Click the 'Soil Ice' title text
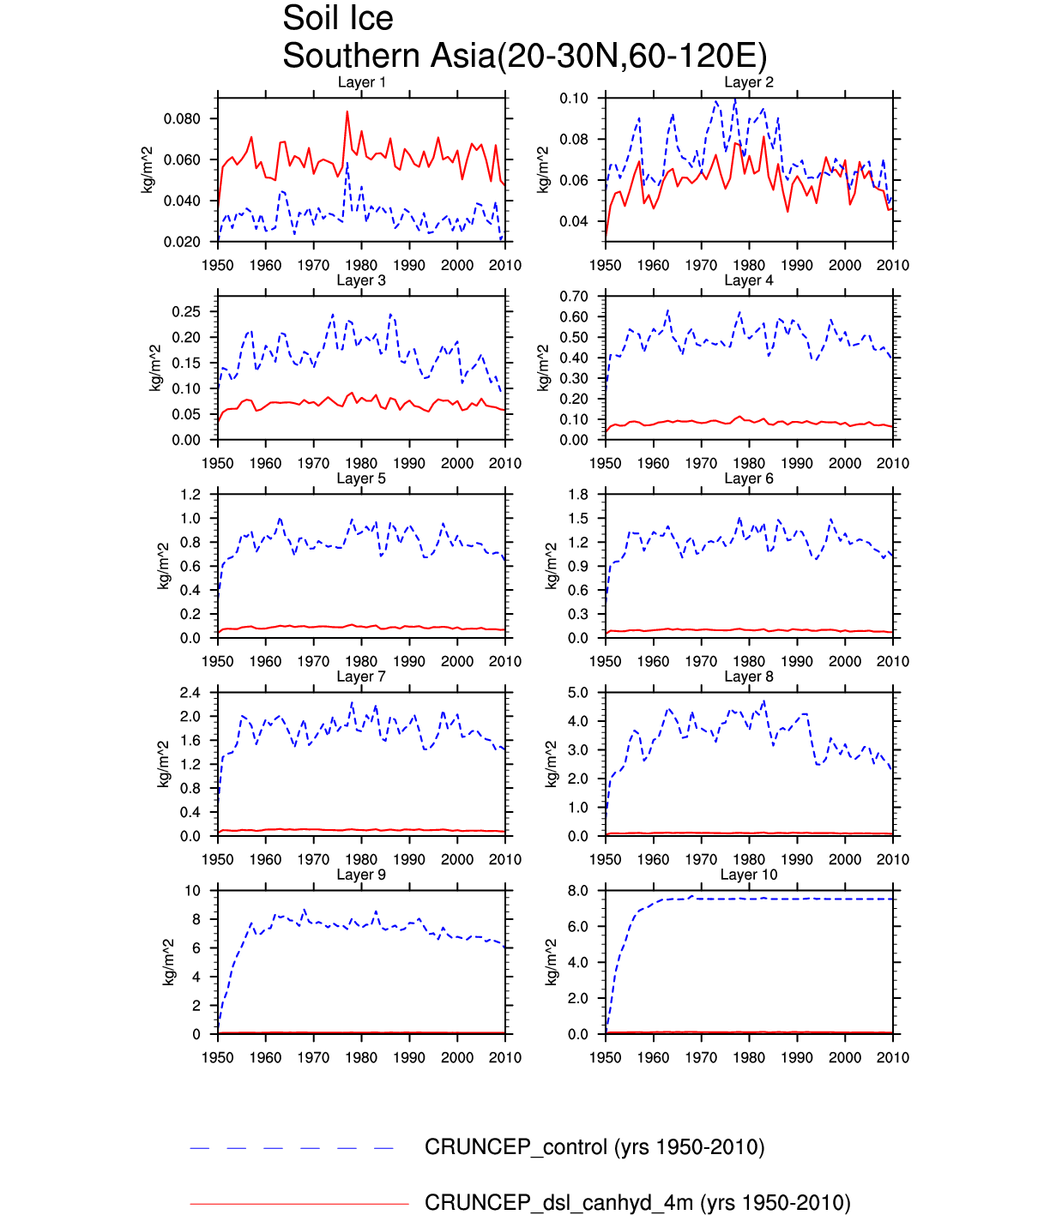click(x=338, y=19)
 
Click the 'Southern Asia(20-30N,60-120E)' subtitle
click(x=524, y=57)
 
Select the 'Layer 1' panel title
click(x=361, y=82)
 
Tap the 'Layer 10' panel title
click(x=748, y=875)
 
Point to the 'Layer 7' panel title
click(x=361, y=677)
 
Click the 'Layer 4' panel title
click(x=748, y=280)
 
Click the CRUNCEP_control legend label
click(x=594, y=1147)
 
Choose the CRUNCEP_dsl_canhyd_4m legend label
click(x=637, y=1203)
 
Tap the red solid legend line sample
click(x=299, y=1204)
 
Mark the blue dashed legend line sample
click(x=292, y=1148)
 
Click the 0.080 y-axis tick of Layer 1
click(x=182, y=118)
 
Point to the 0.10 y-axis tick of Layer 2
click(x=574, y=99)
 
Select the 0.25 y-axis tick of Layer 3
click(x=186, y=311)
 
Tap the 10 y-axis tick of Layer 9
click(x=193, y=891)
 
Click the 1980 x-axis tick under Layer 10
click(x=749, y=1057)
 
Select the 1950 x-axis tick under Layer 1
click(x=218, y=265)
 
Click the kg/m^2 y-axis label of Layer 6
click(x=552, y=566)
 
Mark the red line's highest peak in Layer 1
click(x=347, y=111)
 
